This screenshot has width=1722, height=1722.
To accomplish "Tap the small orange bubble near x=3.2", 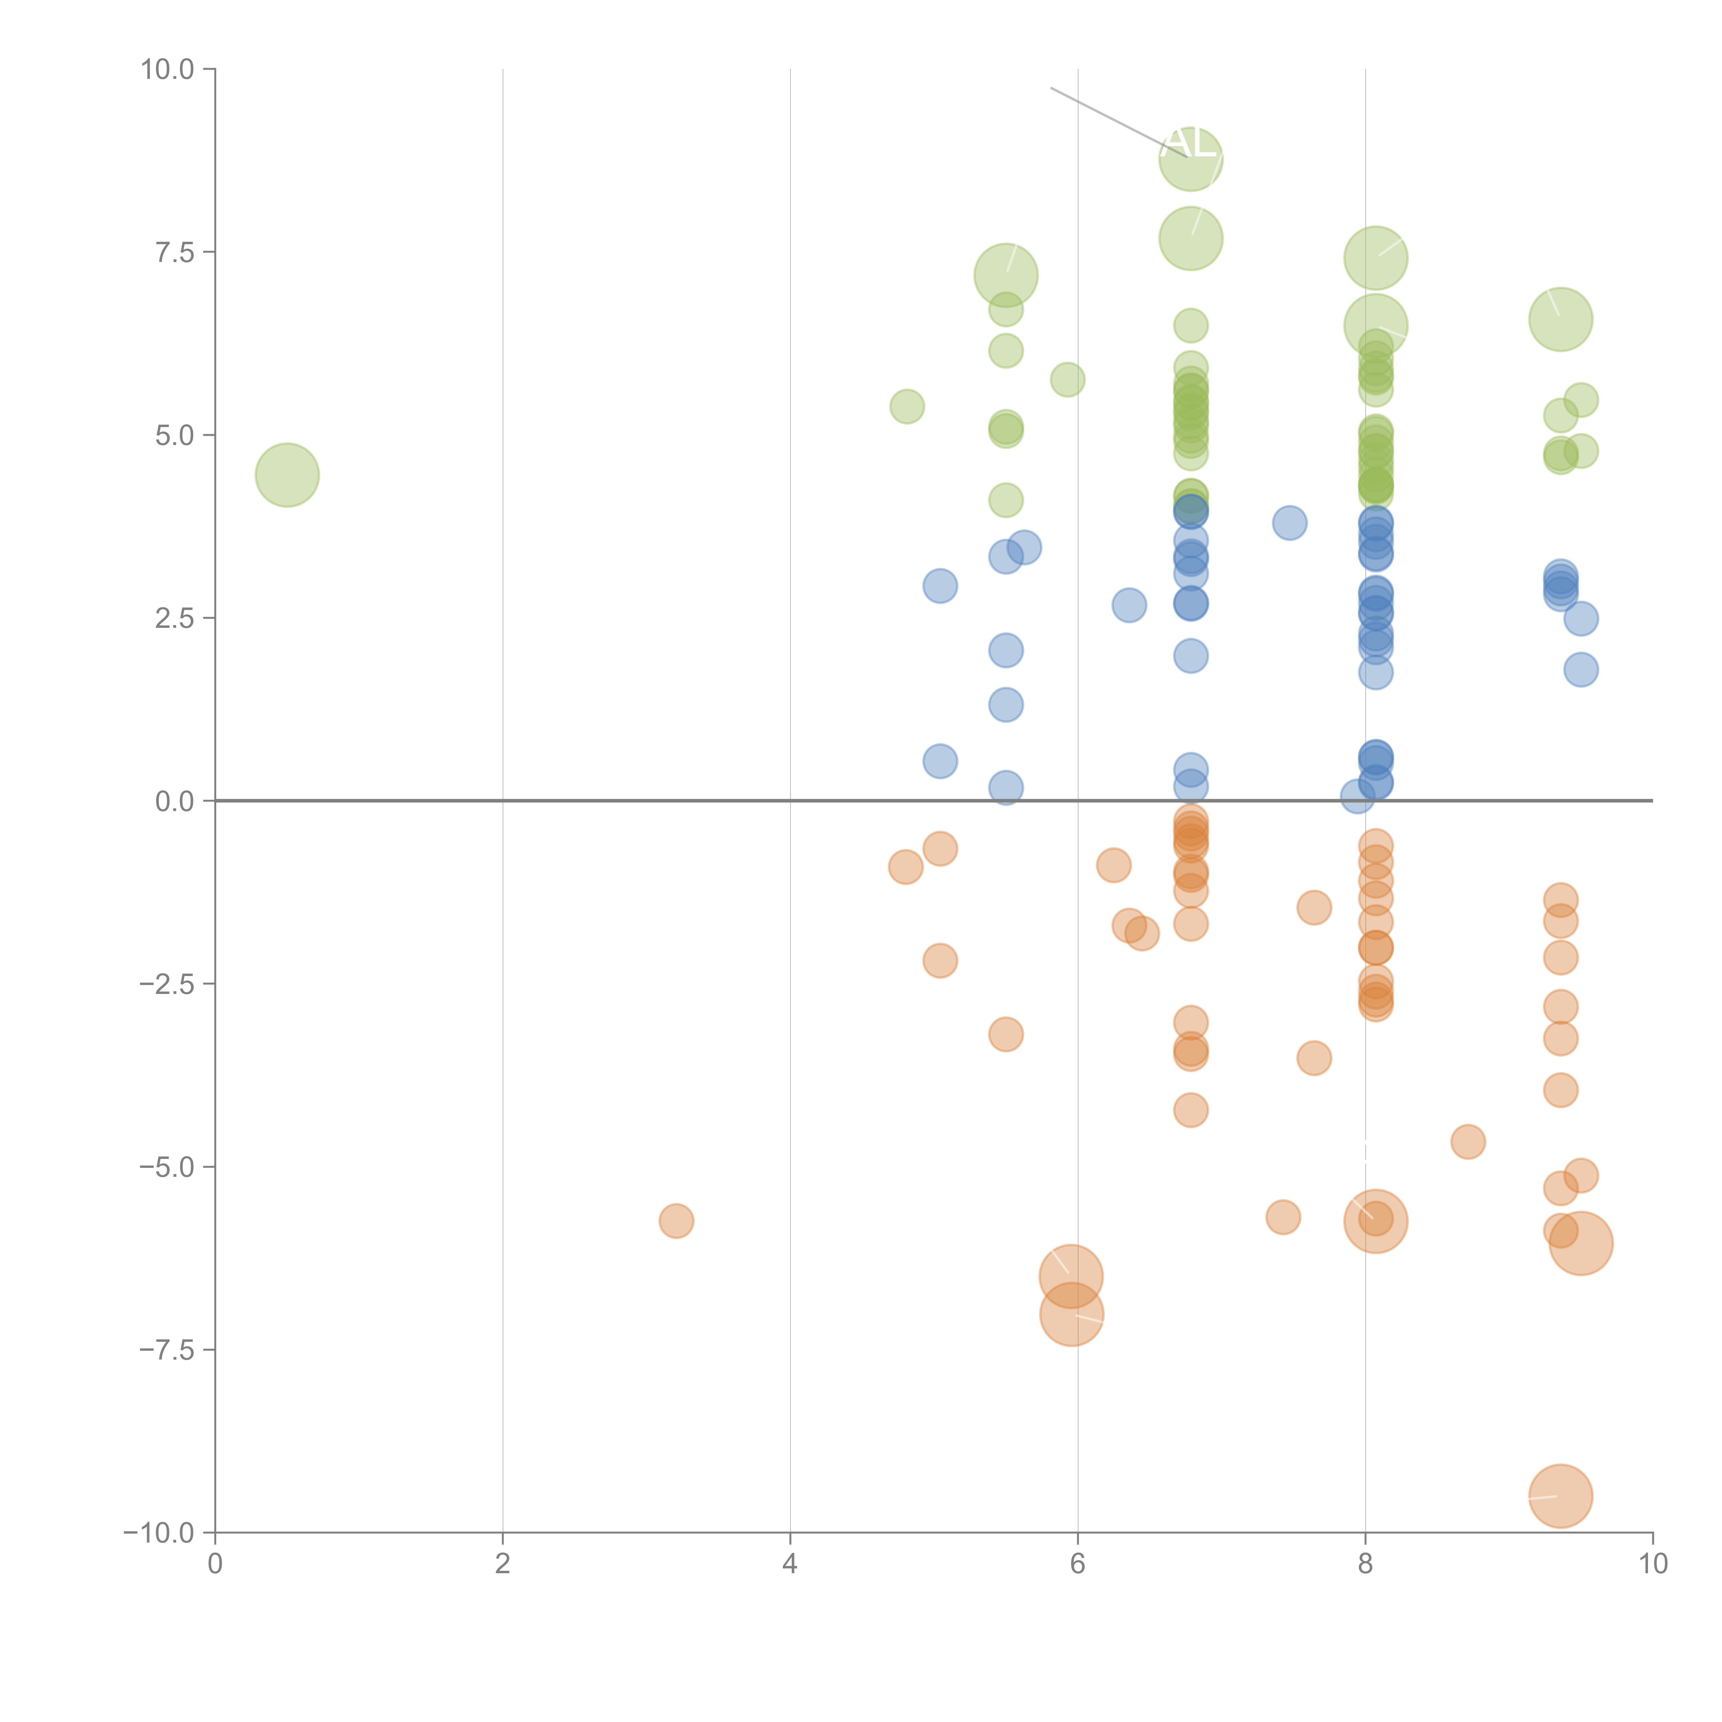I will tap(676, 1221).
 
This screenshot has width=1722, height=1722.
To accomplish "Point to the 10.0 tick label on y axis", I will tap(168, 70).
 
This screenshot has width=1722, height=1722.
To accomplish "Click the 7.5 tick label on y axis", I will tap(175, 252).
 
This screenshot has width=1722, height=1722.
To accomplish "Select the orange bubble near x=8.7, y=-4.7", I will tap(1468, 1142).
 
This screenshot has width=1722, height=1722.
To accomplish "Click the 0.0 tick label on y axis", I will tap(175, 801).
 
